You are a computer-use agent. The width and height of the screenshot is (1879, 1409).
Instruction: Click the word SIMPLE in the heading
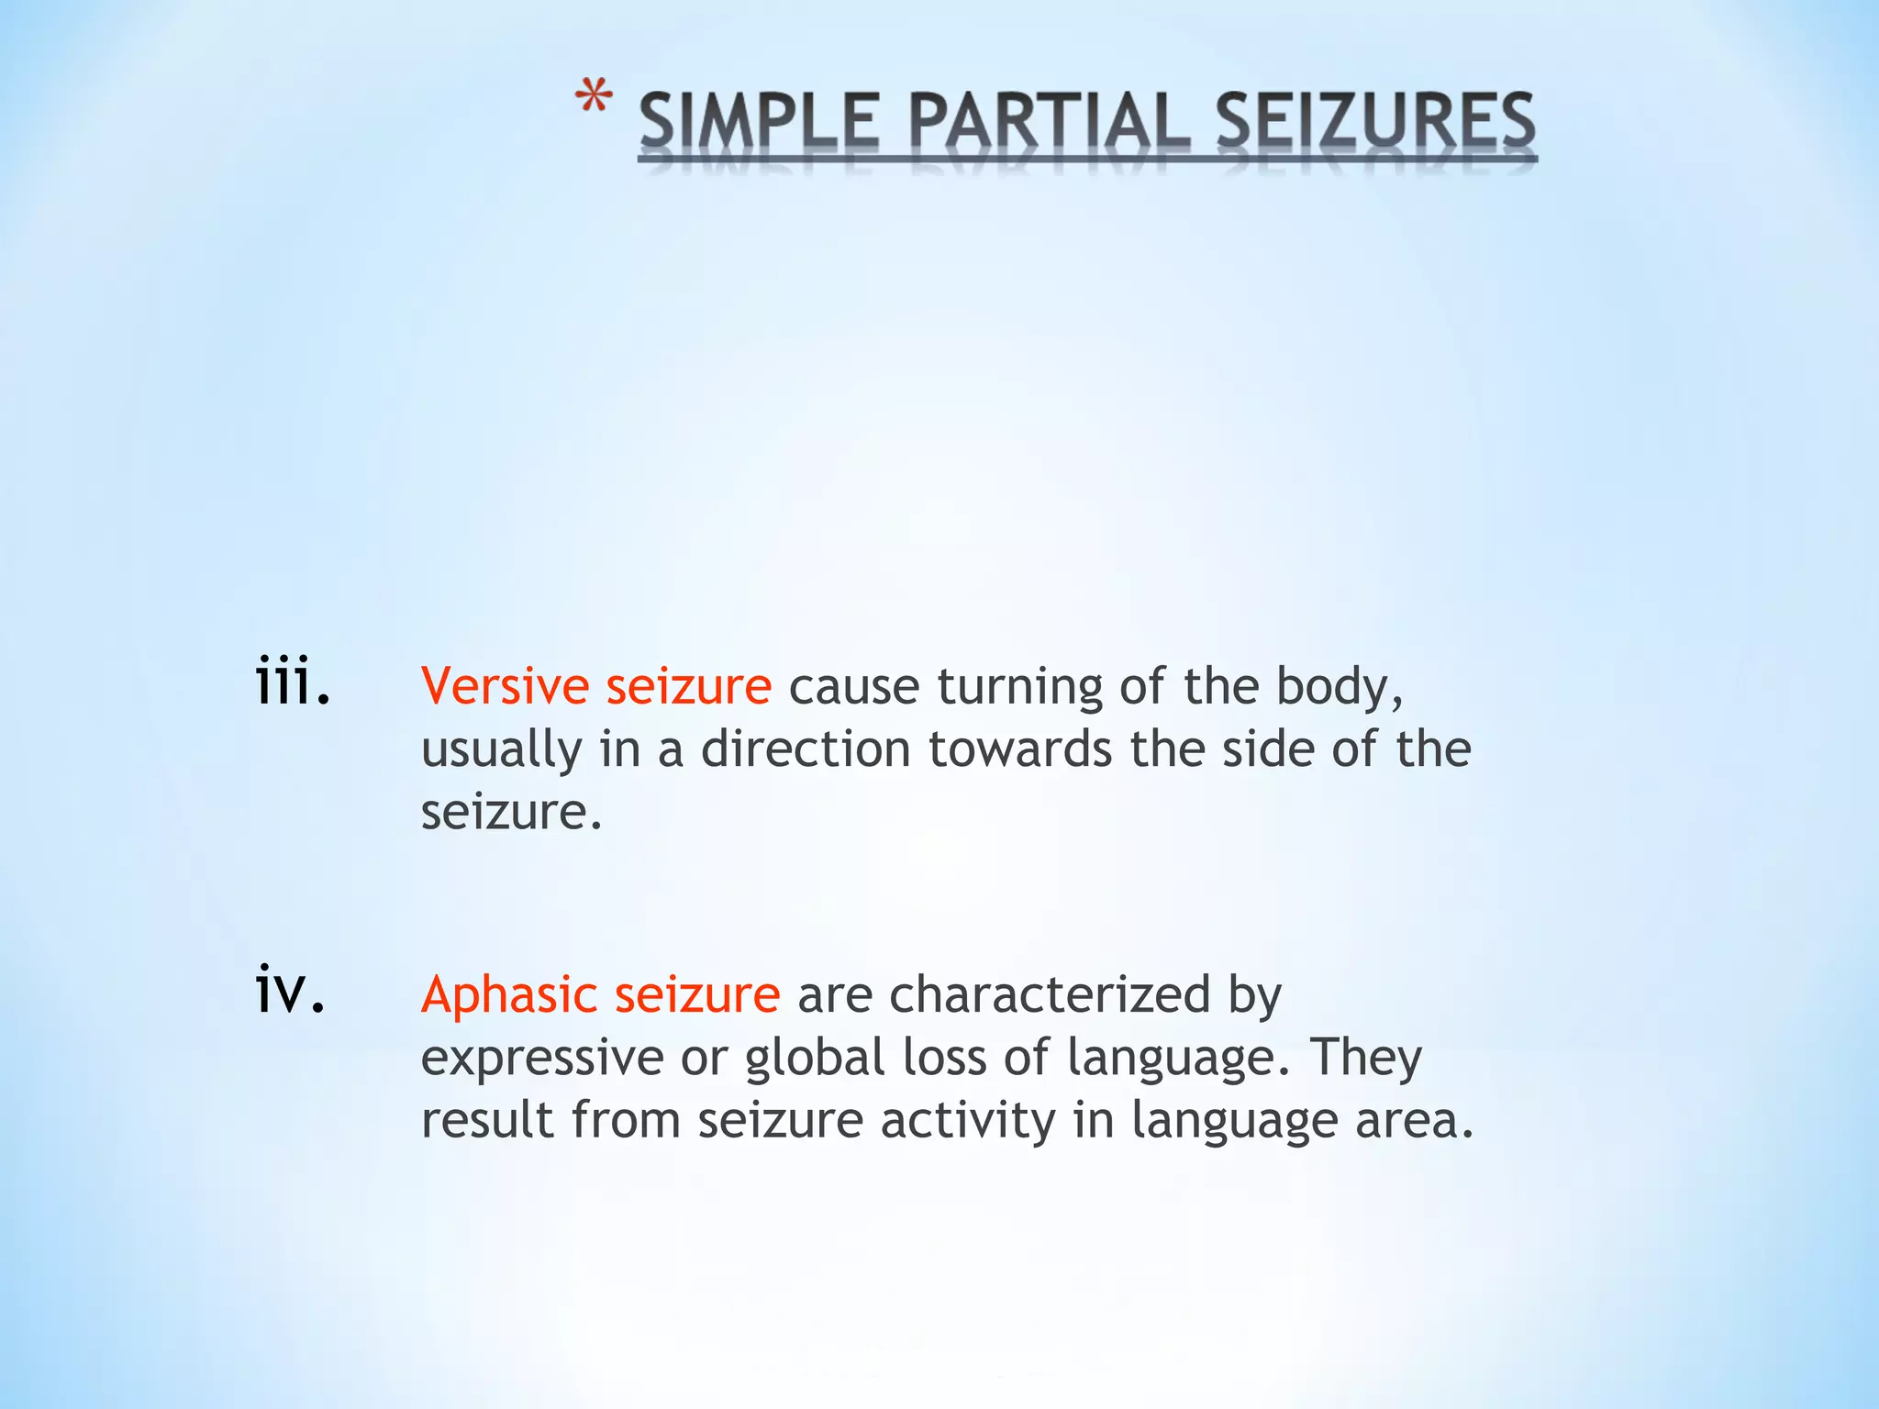760,123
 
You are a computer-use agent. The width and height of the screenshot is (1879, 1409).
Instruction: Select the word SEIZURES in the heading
1375,123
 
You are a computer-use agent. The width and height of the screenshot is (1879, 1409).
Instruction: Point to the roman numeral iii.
292,681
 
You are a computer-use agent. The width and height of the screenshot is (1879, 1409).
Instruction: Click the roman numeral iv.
290,990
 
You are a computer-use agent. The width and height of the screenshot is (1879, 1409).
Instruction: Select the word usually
501,750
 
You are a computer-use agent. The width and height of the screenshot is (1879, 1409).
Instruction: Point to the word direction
806,749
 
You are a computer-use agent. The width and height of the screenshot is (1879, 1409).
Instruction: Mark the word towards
1020,749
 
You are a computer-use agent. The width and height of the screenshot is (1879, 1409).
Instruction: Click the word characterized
1050,995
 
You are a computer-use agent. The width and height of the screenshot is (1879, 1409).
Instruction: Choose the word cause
853,687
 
